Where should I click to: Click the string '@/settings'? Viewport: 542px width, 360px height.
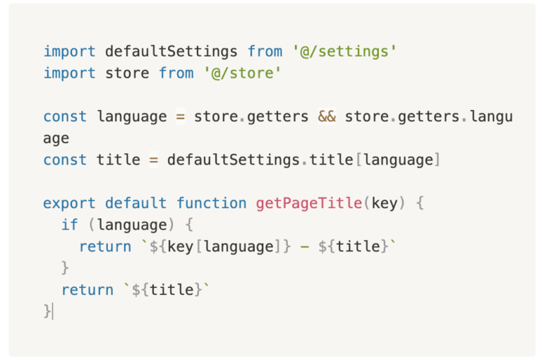(344, 52)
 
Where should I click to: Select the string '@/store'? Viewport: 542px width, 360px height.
(242, 73)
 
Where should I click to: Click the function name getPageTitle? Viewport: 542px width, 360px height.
(309, 203)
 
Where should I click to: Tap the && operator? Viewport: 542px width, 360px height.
(327, 116)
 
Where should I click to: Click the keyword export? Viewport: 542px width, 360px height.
(69, 204)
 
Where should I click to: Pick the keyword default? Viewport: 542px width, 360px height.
(135, 203)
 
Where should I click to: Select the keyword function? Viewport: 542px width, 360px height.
(212, 203)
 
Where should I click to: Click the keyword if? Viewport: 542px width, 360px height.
(70, 224)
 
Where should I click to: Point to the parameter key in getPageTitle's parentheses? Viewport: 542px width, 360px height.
(385, 203)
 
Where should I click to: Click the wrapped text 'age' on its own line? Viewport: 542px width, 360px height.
(56, 139)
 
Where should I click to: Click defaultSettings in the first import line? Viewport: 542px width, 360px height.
(171, 52)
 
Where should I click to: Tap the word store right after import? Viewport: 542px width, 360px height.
(127, 73)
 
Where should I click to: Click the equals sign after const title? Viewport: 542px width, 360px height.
(154, 160)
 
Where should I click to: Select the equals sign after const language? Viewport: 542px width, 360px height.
(181, 117)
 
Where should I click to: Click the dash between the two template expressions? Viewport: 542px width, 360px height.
(305, 247)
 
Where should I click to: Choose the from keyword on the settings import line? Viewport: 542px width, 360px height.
(265, 52)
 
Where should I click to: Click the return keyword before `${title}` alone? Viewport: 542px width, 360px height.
(88, 290)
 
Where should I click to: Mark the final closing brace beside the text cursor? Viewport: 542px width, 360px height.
(47, 311)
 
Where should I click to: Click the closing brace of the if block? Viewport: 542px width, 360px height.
(65, 268)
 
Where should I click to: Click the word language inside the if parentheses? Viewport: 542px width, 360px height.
(132, 225)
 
